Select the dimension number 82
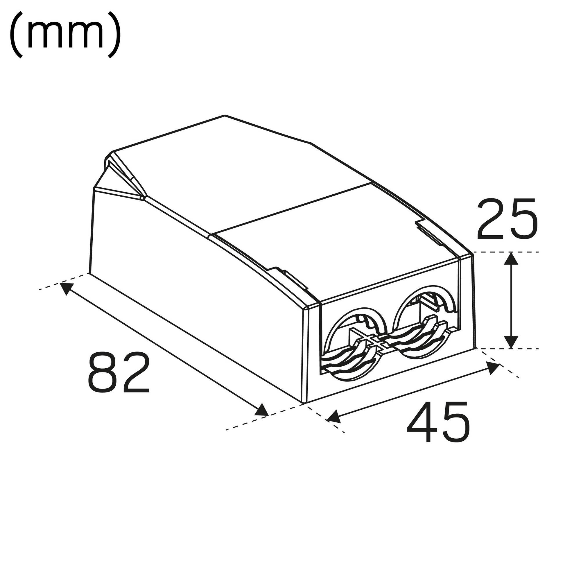(x=119, y=372)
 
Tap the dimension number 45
(x=438, y=422)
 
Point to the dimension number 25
(x=507, y=219)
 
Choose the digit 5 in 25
(x=523, y=219)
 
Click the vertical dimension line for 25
(x=511, y=301)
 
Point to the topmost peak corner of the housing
(x=225, y=116)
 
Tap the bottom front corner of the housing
(x=304, y=403)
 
